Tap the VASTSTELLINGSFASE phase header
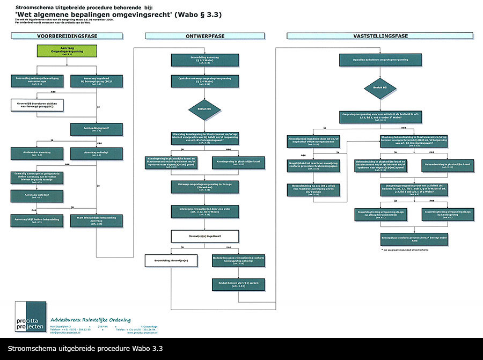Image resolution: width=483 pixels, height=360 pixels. pyautogui.click(x=380, y=36)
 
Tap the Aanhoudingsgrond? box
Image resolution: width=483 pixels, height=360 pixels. pyautogui.click(x=96, y=129)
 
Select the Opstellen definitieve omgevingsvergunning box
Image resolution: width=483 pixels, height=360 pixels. pyautogui.click(x=380, y=60)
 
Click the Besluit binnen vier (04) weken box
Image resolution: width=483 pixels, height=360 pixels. pyautogui.click(x=239, y=284)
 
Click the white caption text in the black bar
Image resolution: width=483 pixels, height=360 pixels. pyautogui.click(x=85, y=349)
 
